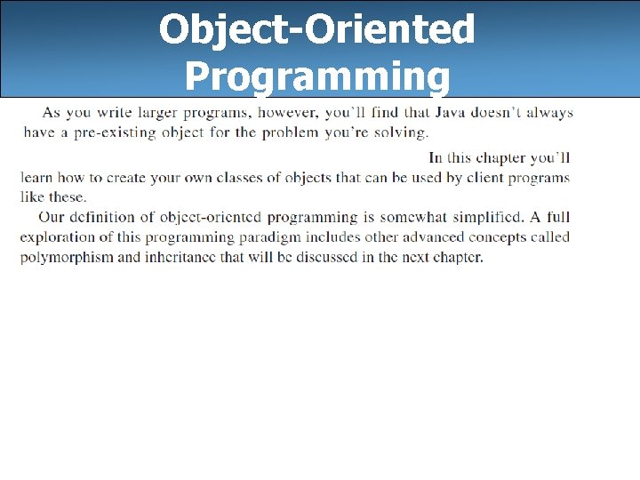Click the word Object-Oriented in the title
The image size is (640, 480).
(317, 30)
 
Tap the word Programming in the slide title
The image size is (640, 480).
(317, 76)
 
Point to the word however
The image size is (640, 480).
(286, 113)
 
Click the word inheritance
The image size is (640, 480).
(184, 258)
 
